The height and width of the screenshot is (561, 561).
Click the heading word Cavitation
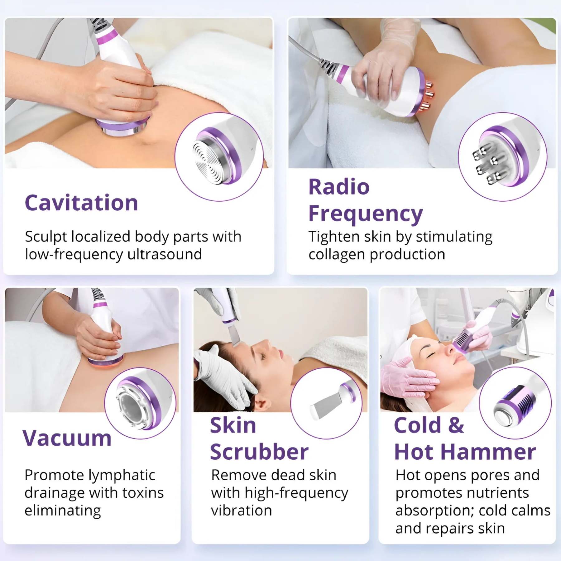point(81,203)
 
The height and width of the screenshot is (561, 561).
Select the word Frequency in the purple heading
point(366,214)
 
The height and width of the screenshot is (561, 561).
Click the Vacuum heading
point(67,438)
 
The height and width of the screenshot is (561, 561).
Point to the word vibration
point(242,511)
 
